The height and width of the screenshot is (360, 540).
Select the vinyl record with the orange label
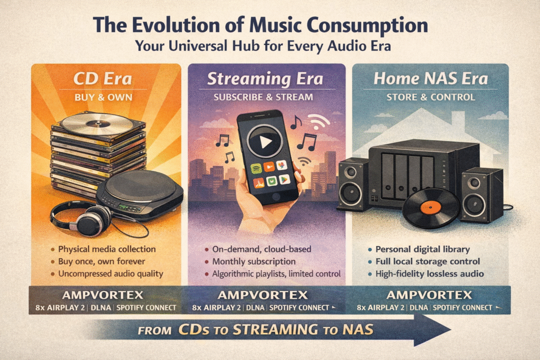[x=430, y=207]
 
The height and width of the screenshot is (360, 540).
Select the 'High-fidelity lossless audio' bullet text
[x=430, y=274]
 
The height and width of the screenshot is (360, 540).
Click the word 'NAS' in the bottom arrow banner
[x=359, y=330]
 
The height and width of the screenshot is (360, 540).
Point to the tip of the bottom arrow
[x=449, y=330]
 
